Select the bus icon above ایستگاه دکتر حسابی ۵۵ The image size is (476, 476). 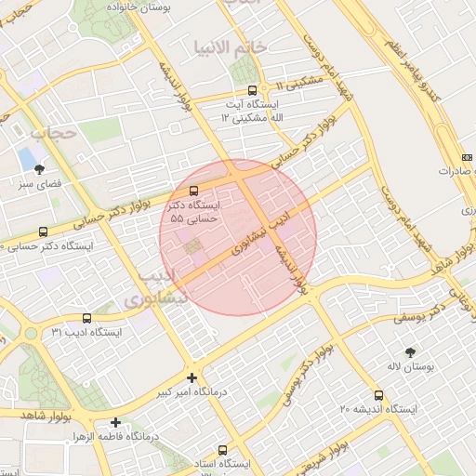point(193,191)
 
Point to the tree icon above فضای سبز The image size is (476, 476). point(39,168)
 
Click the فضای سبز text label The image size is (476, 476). point(40,184)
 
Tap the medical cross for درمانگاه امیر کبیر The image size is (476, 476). point(192,377)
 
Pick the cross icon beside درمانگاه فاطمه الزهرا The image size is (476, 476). point(114,422)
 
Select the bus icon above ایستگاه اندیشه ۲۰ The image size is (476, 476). point(377,395)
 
